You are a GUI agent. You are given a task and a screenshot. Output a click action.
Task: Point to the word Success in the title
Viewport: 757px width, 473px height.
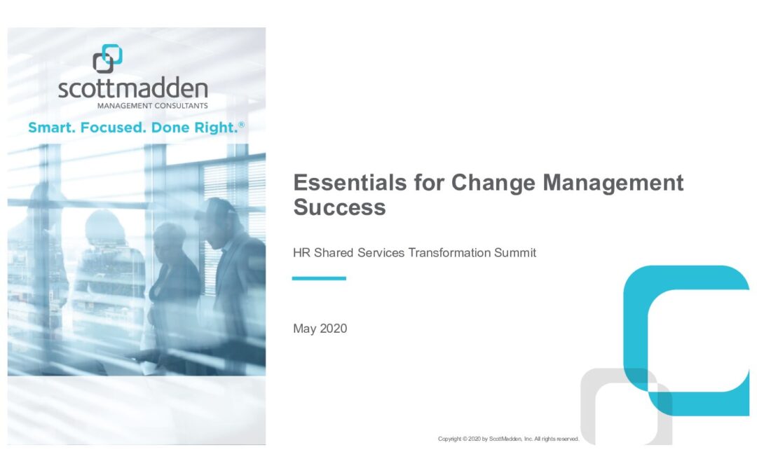pyautogui.click(x=339, y=207)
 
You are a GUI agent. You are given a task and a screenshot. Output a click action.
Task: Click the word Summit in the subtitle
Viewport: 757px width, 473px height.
pyautogui.click(x=515, y=253)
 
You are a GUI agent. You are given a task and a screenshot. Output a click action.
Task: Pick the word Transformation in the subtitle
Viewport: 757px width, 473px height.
pyautogui.click(x=449, y=253)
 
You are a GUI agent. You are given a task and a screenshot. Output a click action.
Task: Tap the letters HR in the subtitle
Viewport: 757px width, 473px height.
pyautogui.click(x=301, y=253)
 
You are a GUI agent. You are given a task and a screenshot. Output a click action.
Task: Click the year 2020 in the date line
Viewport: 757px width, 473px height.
pyautogui.click(x=334, y=329)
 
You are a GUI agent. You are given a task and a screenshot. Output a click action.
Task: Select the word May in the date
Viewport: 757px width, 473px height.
pyautogui.click(x=305, y=329)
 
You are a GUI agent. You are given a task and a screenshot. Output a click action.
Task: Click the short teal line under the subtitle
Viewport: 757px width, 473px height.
pyautogui.click(x=319, y=278)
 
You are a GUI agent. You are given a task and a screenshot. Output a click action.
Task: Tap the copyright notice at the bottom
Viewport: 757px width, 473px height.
pyautogui.click(x=508, y=439)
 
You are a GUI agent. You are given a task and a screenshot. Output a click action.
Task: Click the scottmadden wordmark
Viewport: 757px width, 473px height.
pyautogui.click(x=132, y=89)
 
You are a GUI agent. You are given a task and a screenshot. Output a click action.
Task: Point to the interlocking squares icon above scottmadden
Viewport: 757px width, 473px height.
pyautogui.click(x=107, y=58)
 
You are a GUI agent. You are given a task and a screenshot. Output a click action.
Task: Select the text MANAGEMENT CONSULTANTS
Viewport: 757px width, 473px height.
pyautogui.click(x=153, y=106)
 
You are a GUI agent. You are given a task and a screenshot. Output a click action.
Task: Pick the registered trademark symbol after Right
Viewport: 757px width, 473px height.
pyautogui.click(x=241, y=125)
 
